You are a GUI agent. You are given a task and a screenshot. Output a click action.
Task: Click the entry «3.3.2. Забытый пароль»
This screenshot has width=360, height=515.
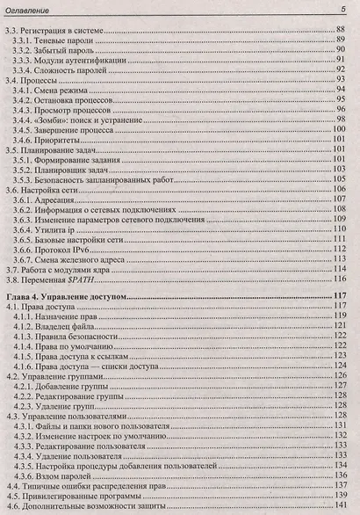66,53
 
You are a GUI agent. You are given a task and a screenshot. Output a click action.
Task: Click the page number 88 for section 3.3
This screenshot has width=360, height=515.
344,32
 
